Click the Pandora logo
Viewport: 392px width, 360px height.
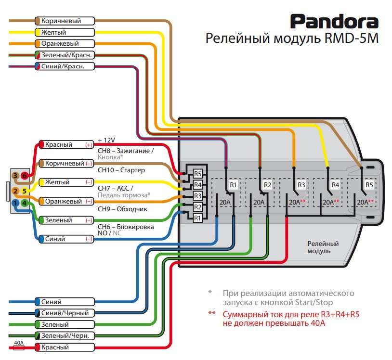334,22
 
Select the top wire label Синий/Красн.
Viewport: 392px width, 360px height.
63,66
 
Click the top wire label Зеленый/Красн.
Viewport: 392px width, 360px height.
63,55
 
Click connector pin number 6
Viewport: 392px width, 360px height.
25,176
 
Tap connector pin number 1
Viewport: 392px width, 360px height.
16,203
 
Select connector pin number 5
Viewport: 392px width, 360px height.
25,192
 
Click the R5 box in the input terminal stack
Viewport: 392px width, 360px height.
197,174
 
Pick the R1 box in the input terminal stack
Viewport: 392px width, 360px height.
197,218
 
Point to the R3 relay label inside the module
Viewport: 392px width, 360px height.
301,185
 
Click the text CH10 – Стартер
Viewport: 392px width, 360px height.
121,170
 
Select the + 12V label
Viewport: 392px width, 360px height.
106,140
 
